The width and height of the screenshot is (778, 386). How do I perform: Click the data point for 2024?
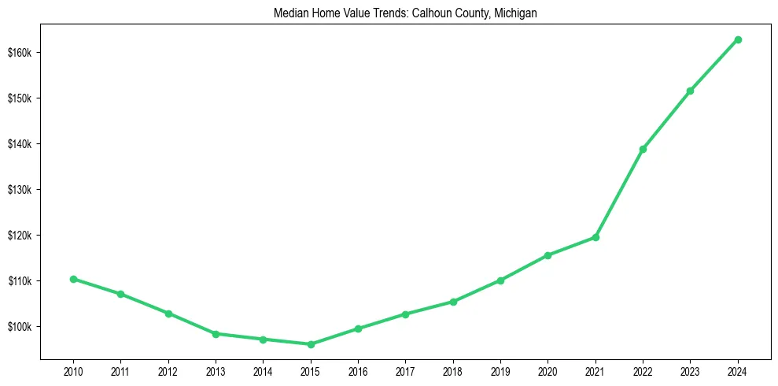click(x=738, y=39)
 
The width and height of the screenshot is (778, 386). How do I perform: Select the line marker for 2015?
click(x=311, y=344)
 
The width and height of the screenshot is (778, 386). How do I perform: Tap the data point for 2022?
click(x=643, y=149)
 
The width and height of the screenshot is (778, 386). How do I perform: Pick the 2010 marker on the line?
click(x=73, y=279)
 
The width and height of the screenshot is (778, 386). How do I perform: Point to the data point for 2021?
click(x=595, y=237)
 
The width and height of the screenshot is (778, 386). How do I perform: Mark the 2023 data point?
click(x=690, y=91)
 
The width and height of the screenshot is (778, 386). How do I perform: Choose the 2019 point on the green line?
click(x=500, y=280)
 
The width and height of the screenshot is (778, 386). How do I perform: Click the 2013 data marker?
click(x=216, y=334)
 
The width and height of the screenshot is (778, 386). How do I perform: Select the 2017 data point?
click(x=405, y=314)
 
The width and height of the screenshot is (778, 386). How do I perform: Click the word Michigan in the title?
click(x=516, y=13)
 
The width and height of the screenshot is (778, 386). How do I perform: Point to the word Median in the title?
click(x=289, y=13)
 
